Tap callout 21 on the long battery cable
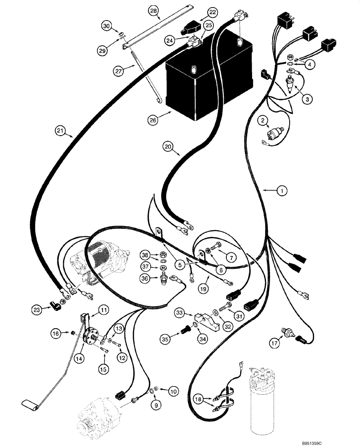[61, 131]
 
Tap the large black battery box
[209, 80]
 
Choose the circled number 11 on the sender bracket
[103, 310]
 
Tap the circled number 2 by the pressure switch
[264, 120]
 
